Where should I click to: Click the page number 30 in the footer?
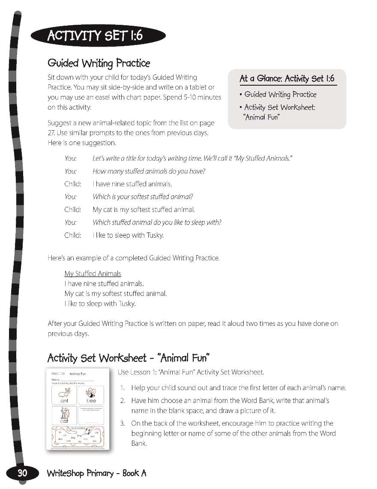point(22,473)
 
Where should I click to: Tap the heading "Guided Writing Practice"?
point(99,63)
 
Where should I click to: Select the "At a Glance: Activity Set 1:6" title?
point(287,79)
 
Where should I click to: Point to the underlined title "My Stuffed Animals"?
point(93,274)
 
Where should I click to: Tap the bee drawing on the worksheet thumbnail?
point(91,392)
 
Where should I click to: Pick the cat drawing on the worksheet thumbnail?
point(65,414)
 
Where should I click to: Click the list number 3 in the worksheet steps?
point(123,423)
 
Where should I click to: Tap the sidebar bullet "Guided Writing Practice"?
point(280,95)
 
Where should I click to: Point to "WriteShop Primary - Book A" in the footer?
point(96,473)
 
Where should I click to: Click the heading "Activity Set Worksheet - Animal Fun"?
point(128,358)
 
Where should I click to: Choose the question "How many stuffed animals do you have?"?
point(149,171)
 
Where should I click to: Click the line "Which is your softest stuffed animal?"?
point(143,197)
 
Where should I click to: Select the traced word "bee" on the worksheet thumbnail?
point(91,401)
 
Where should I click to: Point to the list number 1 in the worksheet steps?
point(123,388)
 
